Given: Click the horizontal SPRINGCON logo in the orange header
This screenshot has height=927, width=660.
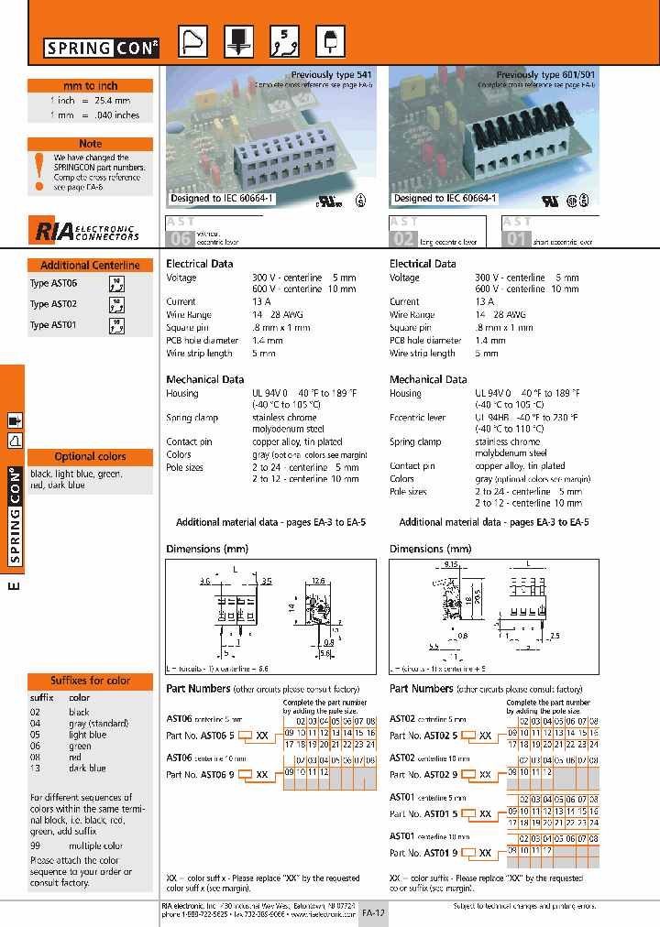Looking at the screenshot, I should tap(102, 47).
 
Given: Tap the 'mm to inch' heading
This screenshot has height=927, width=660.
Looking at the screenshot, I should tap(90, 85).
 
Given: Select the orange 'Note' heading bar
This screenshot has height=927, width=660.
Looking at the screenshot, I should tap(90, 144).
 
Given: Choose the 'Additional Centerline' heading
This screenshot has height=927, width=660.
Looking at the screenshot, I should tap(90, 265).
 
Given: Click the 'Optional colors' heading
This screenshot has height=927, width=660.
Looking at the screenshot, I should tap(90, 456).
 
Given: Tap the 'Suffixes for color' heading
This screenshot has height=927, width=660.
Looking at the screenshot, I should tap(90, 681).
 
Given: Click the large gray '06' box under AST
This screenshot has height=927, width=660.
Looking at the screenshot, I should tap(179, 240).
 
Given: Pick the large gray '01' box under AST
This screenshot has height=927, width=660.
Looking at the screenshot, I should tap(518, 240).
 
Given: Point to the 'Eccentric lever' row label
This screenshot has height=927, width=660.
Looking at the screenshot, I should tap(417, 418).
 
